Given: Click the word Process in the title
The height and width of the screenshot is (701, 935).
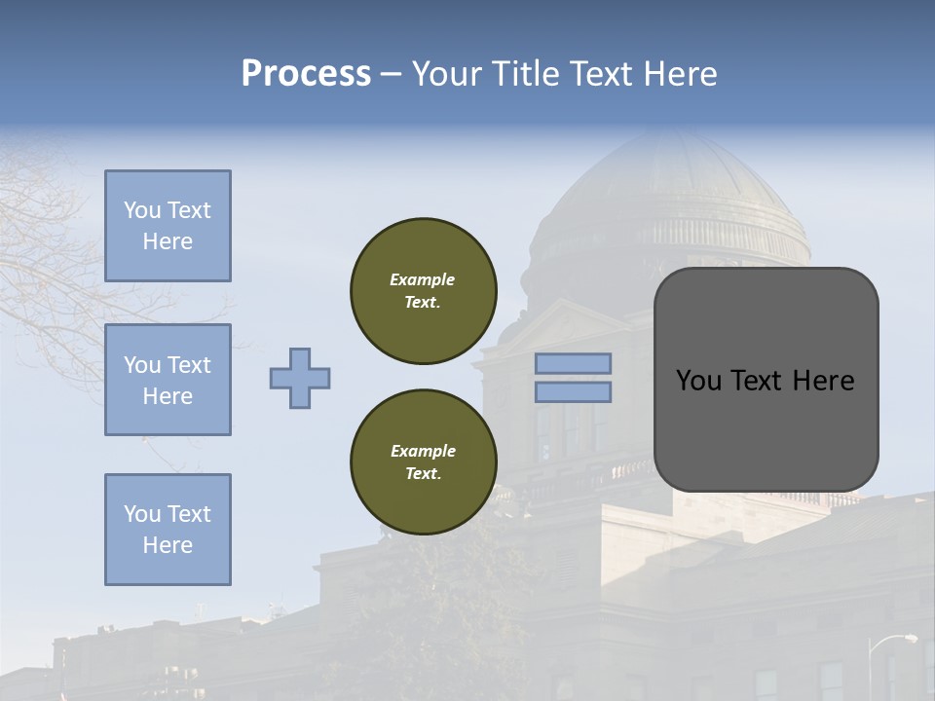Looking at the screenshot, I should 306,74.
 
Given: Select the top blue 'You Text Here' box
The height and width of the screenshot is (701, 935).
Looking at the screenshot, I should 168,226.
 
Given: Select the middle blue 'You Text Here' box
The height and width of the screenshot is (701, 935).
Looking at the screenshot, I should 168,380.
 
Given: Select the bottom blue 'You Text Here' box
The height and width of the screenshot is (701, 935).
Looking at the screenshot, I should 168,530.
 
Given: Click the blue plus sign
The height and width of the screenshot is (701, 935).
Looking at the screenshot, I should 300,378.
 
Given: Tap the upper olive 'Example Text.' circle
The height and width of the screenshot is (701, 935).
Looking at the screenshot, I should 424,291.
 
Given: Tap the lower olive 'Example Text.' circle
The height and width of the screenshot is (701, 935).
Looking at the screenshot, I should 424,462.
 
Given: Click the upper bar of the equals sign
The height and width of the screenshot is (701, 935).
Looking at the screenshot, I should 573,364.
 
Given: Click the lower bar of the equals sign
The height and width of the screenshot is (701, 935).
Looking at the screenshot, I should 573,391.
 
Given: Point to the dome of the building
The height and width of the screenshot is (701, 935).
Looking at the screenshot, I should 672,185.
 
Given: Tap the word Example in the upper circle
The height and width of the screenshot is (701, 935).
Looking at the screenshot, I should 423,279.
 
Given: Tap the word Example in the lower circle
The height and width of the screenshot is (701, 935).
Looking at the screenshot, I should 423,451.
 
